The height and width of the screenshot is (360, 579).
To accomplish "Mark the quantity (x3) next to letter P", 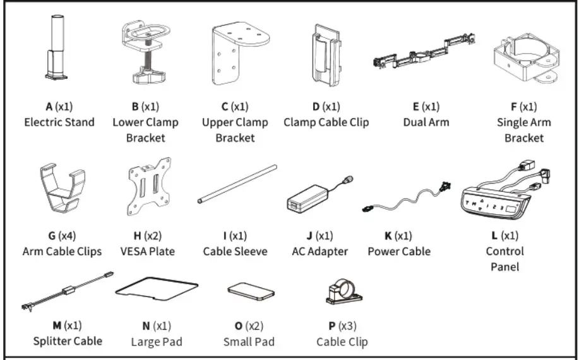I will pos(348,327).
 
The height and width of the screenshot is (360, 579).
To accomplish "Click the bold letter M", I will pos(57,326).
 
